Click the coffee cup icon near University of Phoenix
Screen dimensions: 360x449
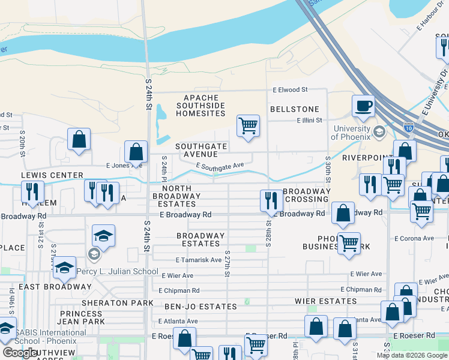[x=363, y=106]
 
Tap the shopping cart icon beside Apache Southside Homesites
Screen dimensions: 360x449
[x=248, y=126]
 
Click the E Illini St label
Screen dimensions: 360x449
[x=309, y=120]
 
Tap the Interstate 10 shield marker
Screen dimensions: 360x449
[x=408, y=127]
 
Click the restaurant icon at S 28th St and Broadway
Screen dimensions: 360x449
[x=271, y=201]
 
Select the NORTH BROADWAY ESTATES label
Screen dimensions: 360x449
[x=172, y=196]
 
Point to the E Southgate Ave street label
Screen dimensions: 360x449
[x=220, y=166]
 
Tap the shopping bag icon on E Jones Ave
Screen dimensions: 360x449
[x=136, y=152]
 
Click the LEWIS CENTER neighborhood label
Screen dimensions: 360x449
[x=52, y=175]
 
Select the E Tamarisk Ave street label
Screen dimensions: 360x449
[x=198, y=260]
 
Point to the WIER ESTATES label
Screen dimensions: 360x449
[x=325, y=301]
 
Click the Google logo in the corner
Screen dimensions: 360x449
[x=20, y=353]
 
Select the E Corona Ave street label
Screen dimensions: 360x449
[x=415, y=239]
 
